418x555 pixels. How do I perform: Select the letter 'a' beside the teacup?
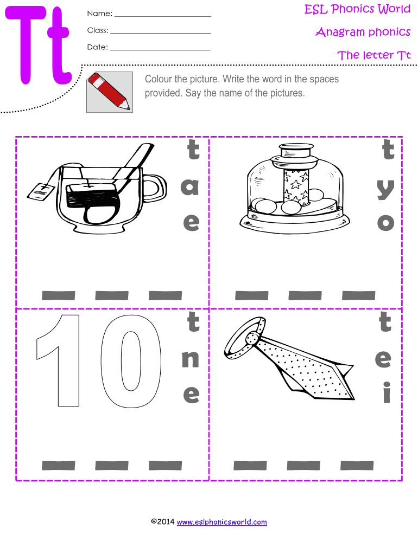189,186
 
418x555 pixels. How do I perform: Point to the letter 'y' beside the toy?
385,189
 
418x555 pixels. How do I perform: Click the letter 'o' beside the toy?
386,223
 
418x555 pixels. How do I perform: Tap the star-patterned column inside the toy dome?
295,187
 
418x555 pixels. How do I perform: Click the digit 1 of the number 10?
59,360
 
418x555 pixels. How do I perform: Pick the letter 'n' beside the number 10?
190,359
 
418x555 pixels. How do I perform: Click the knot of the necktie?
252,338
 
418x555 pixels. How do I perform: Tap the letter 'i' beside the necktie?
387,392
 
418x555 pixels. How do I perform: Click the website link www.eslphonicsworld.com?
222,522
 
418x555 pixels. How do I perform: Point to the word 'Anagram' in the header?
340,32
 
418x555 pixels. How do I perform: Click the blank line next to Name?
163,16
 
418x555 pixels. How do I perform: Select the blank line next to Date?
160,50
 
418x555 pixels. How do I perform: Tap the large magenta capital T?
26,45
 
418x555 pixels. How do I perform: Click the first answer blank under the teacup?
59,295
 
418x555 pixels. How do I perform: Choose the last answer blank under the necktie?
357,466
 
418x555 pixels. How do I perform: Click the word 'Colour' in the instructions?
158,79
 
